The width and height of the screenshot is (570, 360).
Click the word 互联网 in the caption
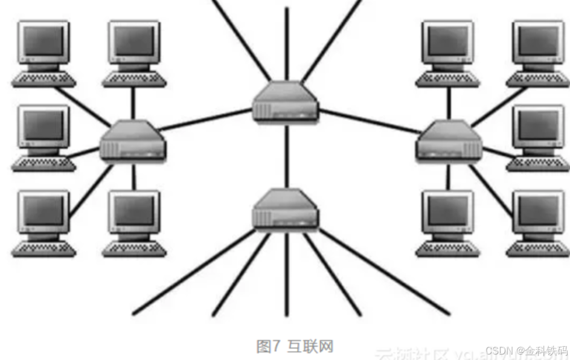coord(310,347)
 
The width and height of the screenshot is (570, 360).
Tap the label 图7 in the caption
coord(269,347)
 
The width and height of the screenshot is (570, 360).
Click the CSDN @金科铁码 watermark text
coord(527,350)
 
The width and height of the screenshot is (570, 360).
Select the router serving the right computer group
coord(449,140)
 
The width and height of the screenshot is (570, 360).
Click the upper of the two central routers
coord(286,102)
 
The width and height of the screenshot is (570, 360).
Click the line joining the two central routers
coord(286,154)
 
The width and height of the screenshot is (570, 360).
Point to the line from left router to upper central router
coord(205,120)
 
